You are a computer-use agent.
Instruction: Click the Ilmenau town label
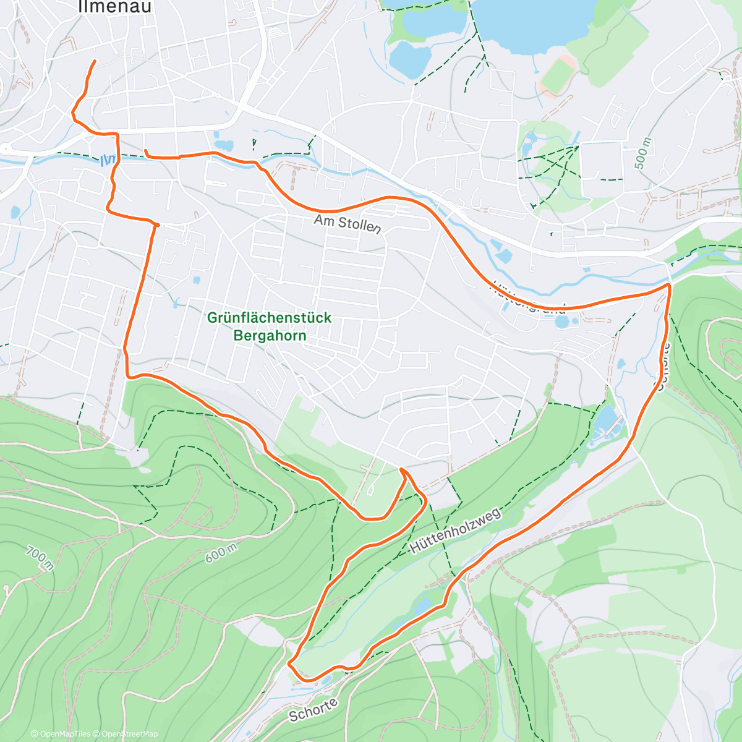click(115, 6)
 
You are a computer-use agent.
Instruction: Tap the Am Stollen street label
click(347, 224)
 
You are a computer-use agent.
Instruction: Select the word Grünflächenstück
click(269, 318)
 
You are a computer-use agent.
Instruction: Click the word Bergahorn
click(269, 336)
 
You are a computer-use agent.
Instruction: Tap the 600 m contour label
click(221, 553)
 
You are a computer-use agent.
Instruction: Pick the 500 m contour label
click(642, 153)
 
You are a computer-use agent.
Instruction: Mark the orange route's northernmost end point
click(95, 61)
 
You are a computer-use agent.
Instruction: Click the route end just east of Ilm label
click(145, 150)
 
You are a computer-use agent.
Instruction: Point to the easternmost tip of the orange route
click(670, 286)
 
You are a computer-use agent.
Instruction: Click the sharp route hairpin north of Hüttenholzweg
click(402, 470)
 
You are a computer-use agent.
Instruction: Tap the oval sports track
click(558, 74)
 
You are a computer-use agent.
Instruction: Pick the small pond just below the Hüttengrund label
click(561, 322)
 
